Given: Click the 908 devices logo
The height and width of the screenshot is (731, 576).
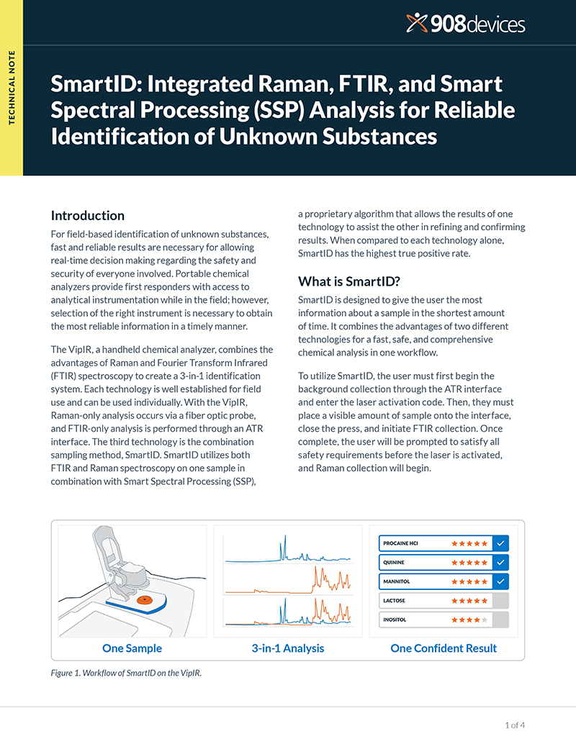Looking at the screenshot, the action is [465, 23].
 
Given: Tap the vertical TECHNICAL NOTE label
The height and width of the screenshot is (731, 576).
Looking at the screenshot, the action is [12, 88].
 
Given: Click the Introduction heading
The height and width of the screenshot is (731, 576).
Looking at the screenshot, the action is [88, 215].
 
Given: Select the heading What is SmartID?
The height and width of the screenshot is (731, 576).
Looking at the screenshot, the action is [349, 281].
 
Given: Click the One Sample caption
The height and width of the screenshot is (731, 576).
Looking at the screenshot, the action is [132, 648].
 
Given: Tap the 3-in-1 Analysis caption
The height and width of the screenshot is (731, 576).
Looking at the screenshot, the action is [288, 648].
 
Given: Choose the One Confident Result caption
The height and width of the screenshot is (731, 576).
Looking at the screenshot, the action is [444, 648].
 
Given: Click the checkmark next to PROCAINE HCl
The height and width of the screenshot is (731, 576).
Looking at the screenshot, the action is [500, 543].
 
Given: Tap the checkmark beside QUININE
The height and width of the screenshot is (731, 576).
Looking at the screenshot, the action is [500, 562].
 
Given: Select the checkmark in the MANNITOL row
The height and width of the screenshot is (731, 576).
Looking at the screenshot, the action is [500, 581].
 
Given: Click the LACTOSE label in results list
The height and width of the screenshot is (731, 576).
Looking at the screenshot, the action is [394, 601].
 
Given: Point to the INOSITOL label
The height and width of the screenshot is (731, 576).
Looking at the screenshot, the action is [395, 619].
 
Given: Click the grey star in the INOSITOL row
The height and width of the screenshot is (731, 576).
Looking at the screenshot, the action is [485, 619].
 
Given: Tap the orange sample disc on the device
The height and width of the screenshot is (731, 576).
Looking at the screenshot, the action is [145, 600].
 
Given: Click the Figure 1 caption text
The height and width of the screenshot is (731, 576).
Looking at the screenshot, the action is [126, 673].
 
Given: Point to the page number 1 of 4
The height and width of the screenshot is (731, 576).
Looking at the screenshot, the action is [515, 725].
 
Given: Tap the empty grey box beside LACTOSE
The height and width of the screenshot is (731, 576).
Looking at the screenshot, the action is [500, 601].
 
